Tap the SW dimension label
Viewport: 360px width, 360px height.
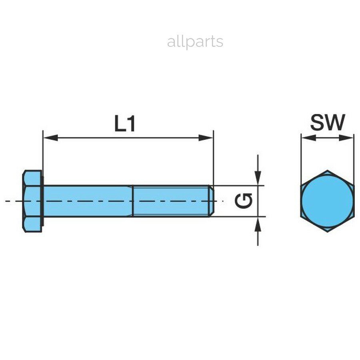pos(328,122)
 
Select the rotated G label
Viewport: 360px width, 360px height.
pos(243,201)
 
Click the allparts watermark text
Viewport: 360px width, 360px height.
pos(195,42)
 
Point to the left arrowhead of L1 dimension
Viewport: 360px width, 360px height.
pos(50,138)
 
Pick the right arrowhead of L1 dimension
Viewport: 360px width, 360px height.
pos(206,138)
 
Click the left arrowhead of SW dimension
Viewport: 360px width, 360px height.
pos(308,138)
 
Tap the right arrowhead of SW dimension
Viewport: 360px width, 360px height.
pos(346,138)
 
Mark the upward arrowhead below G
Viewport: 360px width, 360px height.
pos(258,224)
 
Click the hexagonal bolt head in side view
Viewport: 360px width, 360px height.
pos(33,201)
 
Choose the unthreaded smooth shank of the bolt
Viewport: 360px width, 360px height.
pos(88,201)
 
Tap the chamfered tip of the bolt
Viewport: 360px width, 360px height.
pos(212,201)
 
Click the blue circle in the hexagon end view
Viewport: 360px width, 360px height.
pos(327,201)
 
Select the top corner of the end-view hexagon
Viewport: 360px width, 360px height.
pos(327,170)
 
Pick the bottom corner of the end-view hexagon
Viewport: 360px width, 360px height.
pos(327,232)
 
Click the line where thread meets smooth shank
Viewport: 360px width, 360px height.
pos(133,201)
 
